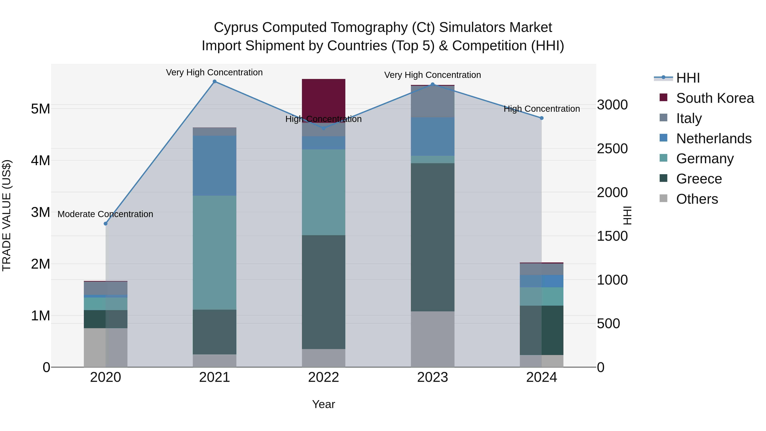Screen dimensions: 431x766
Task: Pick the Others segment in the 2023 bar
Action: (x=432, y=339)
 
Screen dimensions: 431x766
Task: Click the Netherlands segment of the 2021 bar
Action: (x=214, y=165)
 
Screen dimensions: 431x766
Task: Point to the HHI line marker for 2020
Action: (x=106, y=223)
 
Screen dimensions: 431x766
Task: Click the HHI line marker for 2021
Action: (x=214, y=82)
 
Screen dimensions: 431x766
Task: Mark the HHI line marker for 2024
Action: (x=542, y=118)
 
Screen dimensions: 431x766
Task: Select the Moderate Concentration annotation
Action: (x=105, y=214)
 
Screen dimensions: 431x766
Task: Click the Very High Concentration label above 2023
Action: (x=432, y=75)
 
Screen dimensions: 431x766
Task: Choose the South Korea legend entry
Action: (x=715, y=98)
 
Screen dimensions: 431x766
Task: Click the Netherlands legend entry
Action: (x=714, y=139)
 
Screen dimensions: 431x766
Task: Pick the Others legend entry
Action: (x=697, y=199)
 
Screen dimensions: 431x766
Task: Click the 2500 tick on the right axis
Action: (x=612, y=149)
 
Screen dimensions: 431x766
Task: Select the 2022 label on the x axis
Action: (x=323, y=377)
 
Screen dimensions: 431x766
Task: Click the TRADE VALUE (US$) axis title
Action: (x=7, y=215)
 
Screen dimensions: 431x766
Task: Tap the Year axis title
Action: (x=323, y=404)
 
